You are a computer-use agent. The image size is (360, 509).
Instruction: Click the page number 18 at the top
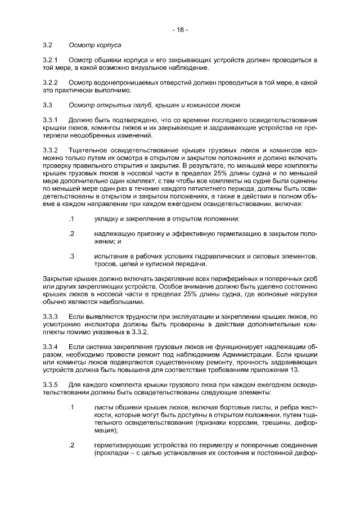pos(180,29)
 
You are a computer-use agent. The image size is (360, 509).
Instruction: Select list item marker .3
pos(71,256)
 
